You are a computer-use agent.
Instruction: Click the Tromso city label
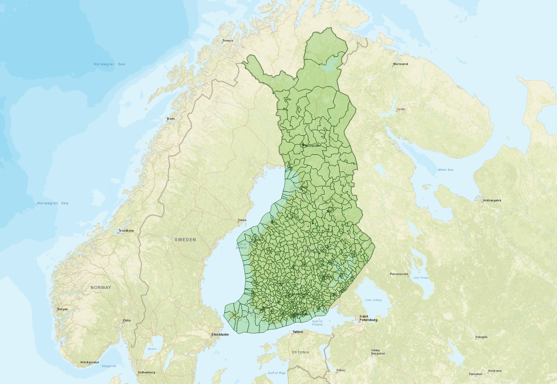pos(228,41)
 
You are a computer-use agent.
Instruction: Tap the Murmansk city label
pos(401,64)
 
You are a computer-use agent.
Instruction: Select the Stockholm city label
pos(220,334)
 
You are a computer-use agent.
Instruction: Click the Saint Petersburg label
pos(368,318)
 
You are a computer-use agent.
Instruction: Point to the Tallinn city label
pos(298,332)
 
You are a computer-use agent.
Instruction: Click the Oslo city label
pos(127,320)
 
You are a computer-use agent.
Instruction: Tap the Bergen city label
pos(63,309)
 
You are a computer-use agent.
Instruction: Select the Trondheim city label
pos(126,231)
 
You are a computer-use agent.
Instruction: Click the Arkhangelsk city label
pos(492,200)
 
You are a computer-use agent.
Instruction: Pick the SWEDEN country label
pos(185,240)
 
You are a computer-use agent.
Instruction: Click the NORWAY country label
pos(101,287)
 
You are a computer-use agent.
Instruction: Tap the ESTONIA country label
pos(300,352)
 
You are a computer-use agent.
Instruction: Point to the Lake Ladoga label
pos(373,300)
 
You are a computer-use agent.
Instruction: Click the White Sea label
pos(446,170)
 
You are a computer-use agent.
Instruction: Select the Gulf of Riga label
pos(277,373)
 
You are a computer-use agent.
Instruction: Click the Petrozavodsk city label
pos(399,274)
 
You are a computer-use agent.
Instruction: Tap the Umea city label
pos(242,220)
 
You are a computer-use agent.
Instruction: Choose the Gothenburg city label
pos(146,372)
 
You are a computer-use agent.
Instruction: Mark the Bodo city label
pos(171,118)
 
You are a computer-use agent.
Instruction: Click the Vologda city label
pos(481,337)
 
